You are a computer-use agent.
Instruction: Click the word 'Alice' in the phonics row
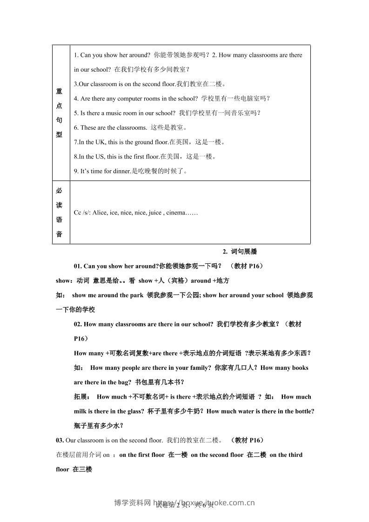click(100, 213)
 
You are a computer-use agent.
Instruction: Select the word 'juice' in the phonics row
click(154, 213)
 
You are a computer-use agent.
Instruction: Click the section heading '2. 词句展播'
click(240, 252)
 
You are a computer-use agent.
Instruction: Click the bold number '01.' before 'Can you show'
click(78, 266)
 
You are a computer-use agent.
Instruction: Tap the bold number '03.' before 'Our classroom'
click(60, 440)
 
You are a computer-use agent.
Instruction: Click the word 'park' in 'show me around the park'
click(137, 295)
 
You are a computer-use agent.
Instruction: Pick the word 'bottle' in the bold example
click(303, 411)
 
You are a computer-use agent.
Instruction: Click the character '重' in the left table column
click(59, 92)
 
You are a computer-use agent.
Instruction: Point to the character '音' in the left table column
click(59, 234)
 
